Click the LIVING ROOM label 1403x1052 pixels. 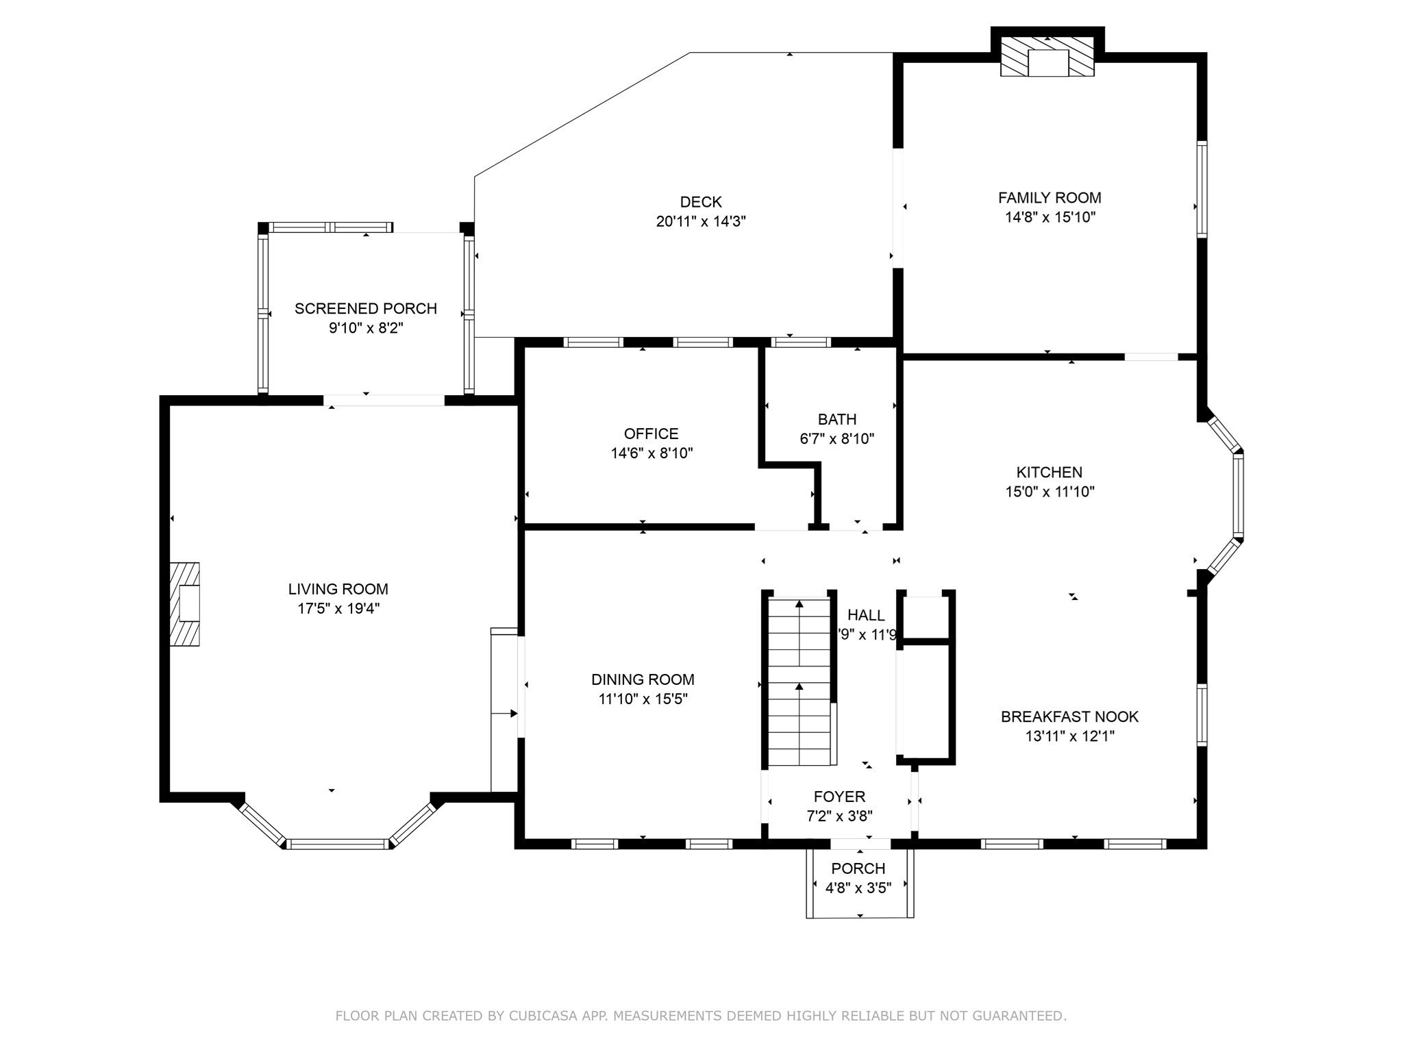pos(338,589)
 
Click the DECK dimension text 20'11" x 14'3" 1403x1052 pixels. pos(700,221)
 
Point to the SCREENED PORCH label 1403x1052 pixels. pos(365,309)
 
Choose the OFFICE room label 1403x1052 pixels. pos(651,434)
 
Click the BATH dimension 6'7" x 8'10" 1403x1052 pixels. pos(836,439)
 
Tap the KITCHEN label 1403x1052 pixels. pos(1049,472)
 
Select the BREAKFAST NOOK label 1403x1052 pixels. pos(1069,717)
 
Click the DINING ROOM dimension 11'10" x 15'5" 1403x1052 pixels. pos(642,699)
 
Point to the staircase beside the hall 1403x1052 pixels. pos(799,681)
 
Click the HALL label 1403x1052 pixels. pos(866,615)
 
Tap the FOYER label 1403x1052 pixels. pos(839,797)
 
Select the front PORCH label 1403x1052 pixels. pos(858,868)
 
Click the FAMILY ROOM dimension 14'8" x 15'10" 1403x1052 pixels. pos(1050,218)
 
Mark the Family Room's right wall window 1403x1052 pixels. pos(1202,189)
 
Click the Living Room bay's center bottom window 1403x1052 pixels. pos(337,844)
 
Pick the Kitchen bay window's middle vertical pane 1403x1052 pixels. pos(1238,494)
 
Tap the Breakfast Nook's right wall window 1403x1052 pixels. pos(1202,714)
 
